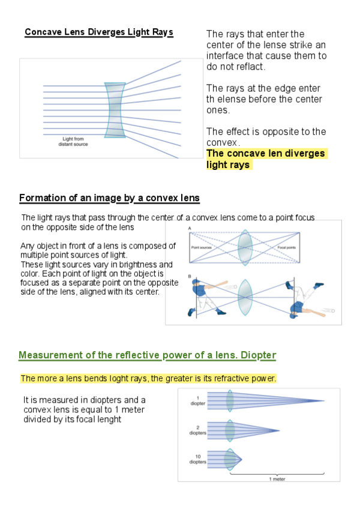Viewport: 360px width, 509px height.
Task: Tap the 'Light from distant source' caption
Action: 76,142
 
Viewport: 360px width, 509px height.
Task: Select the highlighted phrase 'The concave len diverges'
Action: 265,154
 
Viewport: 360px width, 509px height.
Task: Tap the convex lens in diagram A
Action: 244,246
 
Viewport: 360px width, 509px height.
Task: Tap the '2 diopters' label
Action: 197,430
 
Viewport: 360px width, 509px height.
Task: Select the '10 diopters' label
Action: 197,459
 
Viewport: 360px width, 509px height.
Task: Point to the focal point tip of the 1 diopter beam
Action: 325,401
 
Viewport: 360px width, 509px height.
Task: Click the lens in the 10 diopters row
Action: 229,460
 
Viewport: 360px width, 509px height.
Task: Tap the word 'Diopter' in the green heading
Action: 258,355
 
